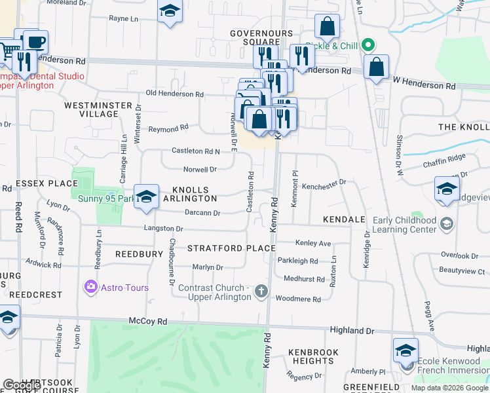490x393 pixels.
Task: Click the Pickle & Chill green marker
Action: click(368, 46)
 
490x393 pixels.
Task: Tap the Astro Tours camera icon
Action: click(90, 287)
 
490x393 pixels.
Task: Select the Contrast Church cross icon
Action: click(261, 291)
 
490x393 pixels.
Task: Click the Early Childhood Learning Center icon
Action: click(446, 225)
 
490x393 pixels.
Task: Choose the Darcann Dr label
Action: click(202, 213)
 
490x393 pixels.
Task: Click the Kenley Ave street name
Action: click(313, 243)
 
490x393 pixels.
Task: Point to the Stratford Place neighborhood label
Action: click(231, 248)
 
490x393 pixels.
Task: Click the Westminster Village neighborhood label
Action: click(91, 109)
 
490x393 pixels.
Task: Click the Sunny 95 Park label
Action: click(101, 198)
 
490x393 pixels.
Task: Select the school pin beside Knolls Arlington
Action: click(147, 196)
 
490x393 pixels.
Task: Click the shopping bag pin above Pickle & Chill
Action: click(326, 27)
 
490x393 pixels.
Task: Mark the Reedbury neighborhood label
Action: click(138, 253)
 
